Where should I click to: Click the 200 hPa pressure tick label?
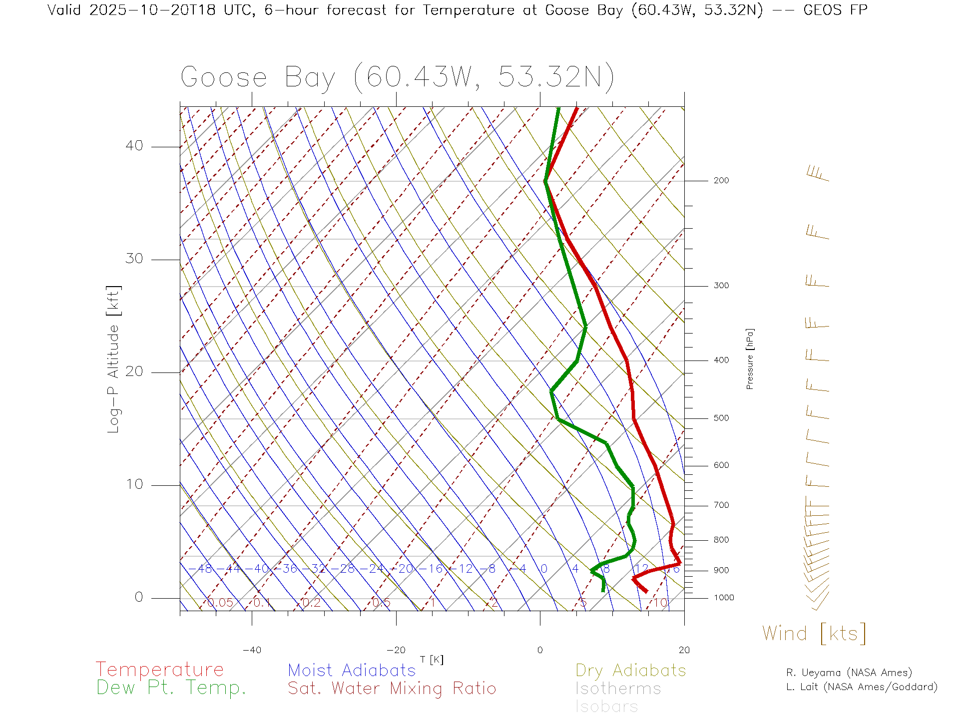coord(721,181)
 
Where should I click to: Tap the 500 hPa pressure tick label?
coord(721,418)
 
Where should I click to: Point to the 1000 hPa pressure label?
coord(724,598)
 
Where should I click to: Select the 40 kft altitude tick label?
coord(134,146)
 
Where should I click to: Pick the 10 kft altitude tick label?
coord(134,484)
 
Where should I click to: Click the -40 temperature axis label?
coord(252,650)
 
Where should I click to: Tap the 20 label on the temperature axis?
coord(684,650)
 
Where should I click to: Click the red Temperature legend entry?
coord(160,670)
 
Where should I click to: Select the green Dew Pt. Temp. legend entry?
coord(171,688)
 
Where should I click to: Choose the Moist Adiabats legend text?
coord(352,671)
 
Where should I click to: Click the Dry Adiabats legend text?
coord(631,671)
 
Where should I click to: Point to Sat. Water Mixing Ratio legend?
coord(392,689)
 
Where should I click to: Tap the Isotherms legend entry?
coord(618,689)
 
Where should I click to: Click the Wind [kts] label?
coord(814,634)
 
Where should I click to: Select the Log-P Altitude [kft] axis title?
coord(114,359)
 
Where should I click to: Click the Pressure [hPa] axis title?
coord(750,359)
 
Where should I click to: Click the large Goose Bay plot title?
coord(397,77)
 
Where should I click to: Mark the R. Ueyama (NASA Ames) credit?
coord(849,673)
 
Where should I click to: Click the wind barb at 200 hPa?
coord(818,174)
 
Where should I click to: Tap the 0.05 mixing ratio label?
coord(220,603)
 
